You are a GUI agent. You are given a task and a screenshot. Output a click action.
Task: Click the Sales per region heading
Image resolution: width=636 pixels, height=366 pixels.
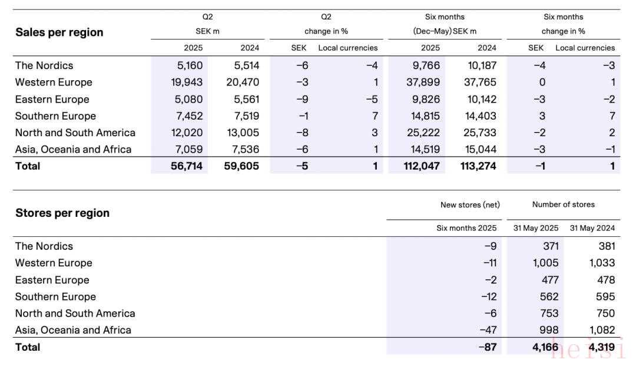point(59,32)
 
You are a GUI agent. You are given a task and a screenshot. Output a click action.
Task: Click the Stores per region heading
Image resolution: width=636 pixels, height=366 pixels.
point(62,213)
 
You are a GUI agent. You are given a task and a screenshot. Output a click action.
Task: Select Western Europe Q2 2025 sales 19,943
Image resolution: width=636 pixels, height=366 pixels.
point(187,82)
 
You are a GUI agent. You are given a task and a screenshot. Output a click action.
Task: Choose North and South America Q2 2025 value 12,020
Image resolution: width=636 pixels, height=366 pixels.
point(187,133)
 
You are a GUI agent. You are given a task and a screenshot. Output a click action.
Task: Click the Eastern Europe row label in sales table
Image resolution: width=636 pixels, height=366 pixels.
point(52,99)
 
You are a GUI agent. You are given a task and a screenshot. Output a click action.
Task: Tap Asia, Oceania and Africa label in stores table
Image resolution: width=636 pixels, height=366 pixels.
point(73,330)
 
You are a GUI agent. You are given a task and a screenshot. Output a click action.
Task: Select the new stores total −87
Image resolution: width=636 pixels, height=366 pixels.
point(488,347)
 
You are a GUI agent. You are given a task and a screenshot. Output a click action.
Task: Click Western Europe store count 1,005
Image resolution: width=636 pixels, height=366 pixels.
point(542,263)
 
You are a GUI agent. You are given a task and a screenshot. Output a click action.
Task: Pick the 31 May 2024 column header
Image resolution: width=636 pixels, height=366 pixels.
point(592,228)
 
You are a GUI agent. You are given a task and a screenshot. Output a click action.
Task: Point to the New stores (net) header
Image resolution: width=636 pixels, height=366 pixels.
point(470,205)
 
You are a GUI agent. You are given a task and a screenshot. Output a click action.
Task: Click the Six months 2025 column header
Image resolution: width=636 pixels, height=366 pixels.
point(466,228)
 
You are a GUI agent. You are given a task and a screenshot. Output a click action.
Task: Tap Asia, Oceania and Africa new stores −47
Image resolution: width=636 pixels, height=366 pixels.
point(488,330)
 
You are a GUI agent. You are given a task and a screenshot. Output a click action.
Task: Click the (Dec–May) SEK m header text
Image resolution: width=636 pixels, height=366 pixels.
point(445,31)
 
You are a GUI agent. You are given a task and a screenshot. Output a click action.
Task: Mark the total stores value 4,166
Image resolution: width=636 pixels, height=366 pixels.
point(545,347)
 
